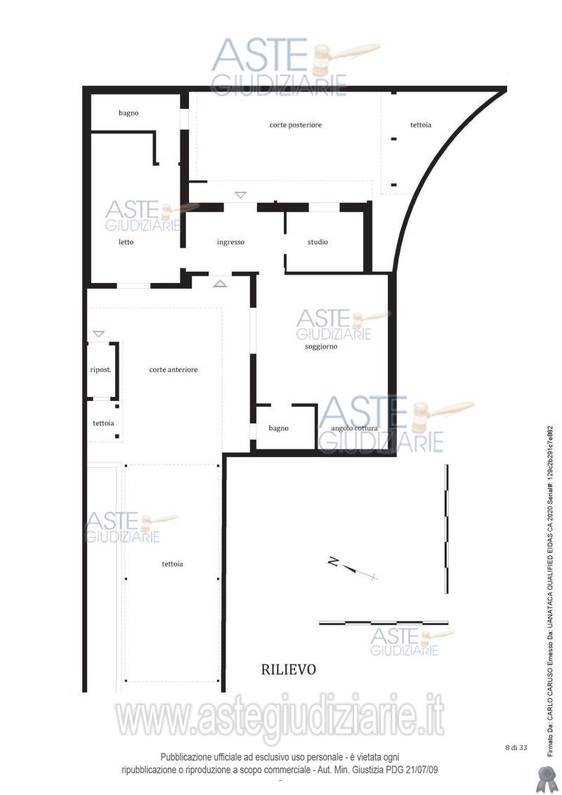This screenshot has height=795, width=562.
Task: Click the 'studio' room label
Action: (318, 242)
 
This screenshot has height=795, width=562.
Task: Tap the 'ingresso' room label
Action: (231, 242)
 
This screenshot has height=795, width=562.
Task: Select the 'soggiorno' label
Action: (321, 347)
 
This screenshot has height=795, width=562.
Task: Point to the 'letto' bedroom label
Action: (126, 242)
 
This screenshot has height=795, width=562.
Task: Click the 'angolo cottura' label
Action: (355, 428)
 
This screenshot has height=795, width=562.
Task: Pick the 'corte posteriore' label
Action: (296, 125)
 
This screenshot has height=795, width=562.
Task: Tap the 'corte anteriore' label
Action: (174, 369)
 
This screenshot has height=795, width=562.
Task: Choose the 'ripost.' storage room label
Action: (100, 369)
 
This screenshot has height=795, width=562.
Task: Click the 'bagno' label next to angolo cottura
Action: (278, 428)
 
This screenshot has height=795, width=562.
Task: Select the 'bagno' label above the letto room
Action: (129, 113)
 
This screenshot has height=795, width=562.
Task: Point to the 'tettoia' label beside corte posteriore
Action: (421, 125)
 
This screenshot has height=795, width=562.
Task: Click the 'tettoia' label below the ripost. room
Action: (103, 423)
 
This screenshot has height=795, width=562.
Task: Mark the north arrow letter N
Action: (333, 561)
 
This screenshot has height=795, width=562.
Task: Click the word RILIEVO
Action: (289, 670)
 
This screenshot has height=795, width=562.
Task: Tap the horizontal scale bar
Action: (384, 623)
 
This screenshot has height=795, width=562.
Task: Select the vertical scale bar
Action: (446, 529)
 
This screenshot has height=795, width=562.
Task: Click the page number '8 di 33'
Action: (516, 747)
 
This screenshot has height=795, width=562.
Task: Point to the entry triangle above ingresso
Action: (240, 195)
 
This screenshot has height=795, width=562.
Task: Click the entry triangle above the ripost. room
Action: (99, 334)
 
